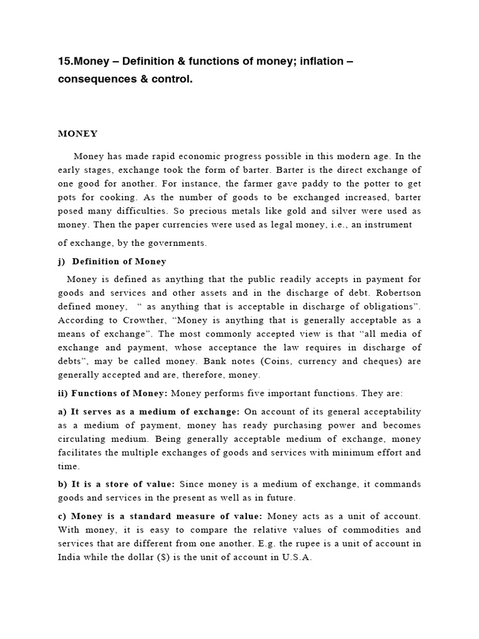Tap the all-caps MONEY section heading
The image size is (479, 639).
click(x=77, y=134)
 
